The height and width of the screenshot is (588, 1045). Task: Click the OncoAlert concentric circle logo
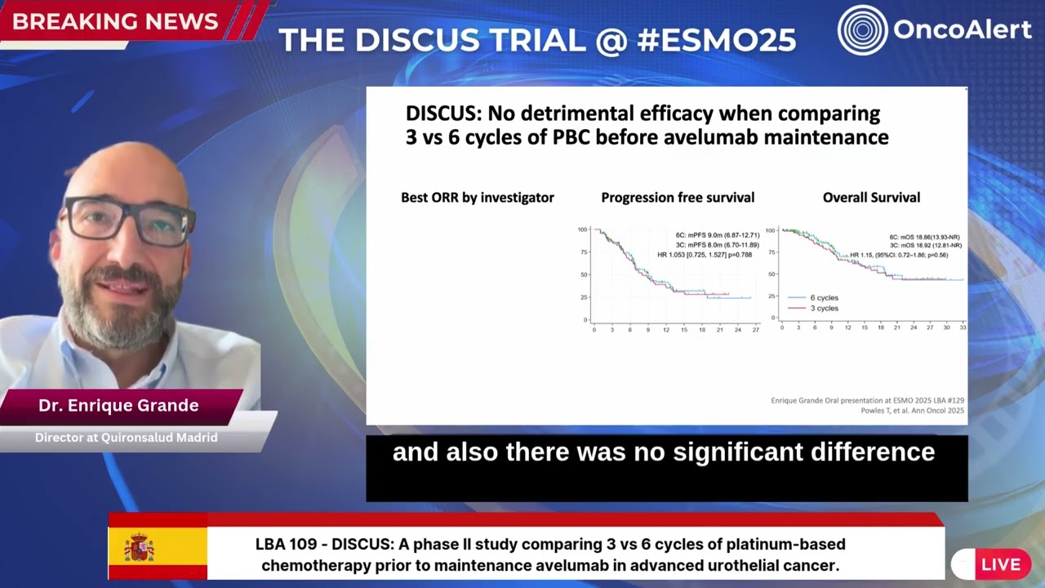coord(863,30)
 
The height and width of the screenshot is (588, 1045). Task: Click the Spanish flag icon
coord(140,546)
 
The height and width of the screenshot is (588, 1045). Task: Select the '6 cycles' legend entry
coord(824,298)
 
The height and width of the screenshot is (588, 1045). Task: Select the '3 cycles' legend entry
coord(824,309)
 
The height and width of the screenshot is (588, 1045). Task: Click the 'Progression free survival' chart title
coord(678,198)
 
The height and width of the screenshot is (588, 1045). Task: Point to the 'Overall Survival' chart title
coord(871,198)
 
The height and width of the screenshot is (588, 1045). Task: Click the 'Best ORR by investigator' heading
coord(478,198)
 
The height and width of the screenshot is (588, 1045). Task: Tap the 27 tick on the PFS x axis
coord(756,330)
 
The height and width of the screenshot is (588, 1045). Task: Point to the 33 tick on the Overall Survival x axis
coord(963,327)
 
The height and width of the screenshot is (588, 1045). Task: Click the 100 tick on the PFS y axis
coord(582,229)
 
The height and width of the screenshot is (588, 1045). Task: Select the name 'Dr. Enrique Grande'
coord(118,406)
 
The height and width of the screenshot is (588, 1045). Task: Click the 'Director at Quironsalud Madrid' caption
coord(126,438)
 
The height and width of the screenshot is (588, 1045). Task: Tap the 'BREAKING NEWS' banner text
coord(115,22)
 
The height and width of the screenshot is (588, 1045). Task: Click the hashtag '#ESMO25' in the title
coord(716,40)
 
